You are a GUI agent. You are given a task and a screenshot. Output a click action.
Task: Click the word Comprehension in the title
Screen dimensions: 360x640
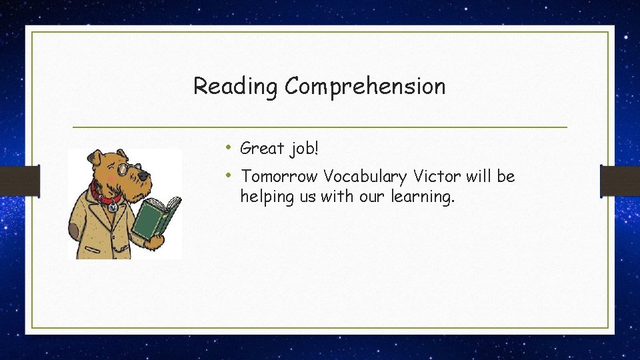click(365, 87)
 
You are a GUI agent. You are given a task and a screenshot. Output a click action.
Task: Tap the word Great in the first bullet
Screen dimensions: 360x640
click(263, 148)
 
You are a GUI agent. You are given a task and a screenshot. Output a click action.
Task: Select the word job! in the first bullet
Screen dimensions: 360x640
click(305, 149)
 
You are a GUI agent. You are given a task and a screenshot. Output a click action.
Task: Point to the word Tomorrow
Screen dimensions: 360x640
click(279, 177)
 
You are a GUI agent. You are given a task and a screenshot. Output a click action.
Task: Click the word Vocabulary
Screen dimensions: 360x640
click(366, 177)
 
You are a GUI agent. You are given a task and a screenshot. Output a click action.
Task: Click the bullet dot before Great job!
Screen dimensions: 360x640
click(228, 147)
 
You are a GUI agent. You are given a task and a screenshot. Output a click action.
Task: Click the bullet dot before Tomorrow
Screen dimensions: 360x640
click(228, 175)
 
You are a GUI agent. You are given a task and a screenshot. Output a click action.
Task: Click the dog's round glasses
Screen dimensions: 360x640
click(125, 169)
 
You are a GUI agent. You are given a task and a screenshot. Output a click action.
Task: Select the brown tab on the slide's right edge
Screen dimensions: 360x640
click(619, 180)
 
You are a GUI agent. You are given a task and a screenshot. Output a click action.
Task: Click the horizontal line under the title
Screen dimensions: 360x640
click(319, 127)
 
